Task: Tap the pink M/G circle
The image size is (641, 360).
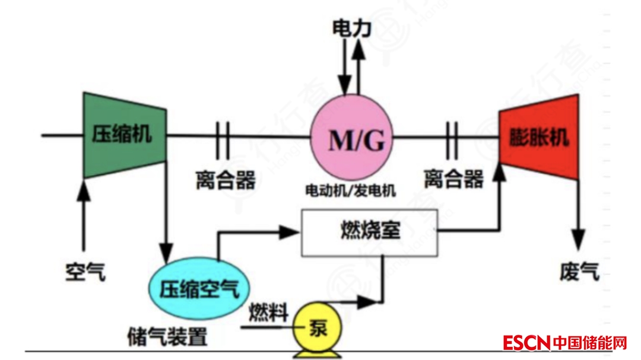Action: coord(353,139)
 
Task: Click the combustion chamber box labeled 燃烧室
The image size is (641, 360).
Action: coord(370,230)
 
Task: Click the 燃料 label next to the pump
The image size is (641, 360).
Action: coord(268,311)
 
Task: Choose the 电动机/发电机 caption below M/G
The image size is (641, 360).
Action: coord(350,190)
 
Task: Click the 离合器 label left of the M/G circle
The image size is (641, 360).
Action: coord(225,179)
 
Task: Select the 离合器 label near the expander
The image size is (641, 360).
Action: coord(453,179)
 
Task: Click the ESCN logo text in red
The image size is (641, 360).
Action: coord(526,343)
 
